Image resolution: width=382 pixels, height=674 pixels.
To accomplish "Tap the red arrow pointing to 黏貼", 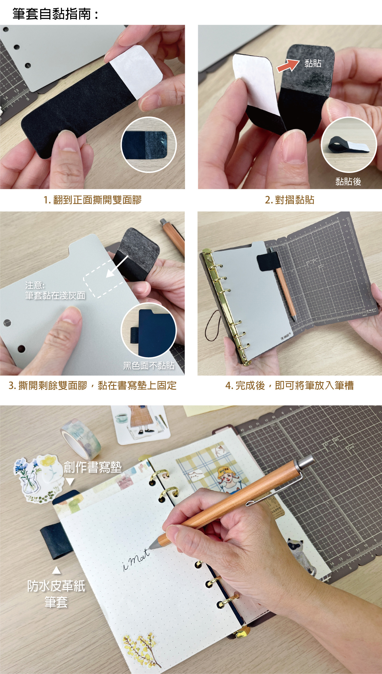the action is [x=288, y=66].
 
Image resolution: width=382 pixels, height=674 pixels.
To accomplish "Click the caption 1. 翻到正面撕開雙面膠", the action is [x=92, y=200].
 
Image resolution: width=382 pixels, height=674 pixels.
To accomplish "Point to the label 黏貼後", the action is [x=348, y=182].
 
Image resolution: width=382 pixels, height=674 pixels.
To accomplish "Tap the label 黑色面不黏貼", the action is [x=149, y=366].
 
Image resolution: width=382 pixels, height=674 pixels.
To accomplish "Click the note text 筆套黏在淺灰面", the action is [x=55, y=295].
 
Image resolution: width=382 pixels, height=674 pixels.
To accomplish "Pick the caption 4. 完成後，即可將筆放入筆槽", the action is [x=290, y=386].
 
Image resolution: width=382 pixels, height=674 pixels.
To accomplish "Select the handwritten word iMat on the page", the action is [x=136, y=560].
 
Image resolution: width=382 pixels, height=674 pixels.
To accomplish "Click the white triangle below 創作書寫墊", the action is [x=70, y=482].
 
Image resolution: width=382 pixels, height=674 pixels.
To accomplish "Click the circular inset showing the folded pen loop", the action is [x=349, y=145].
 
